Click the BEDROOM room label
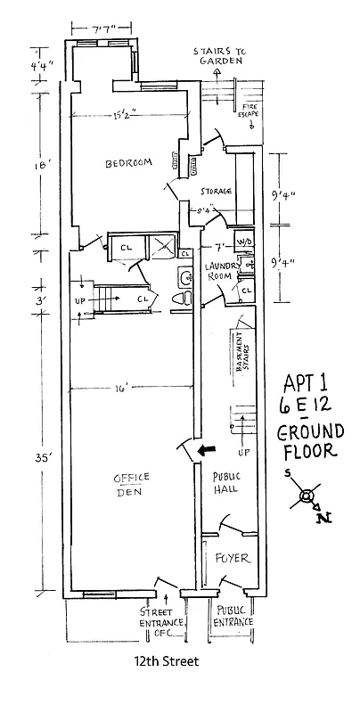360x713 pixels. [x=128, y=163]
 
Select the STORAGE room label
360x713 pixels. [x=216, y=192]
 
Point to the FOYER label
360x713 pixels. [x=230, y=559]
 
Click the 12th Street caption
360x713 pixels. [x=160, y=663]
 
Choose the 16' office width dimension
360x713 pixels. [x=120, y=388]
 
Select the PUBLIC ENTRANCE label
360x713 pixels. [x=233, y=617]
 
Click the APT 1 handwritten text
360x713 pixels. [x=305, y=382]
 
